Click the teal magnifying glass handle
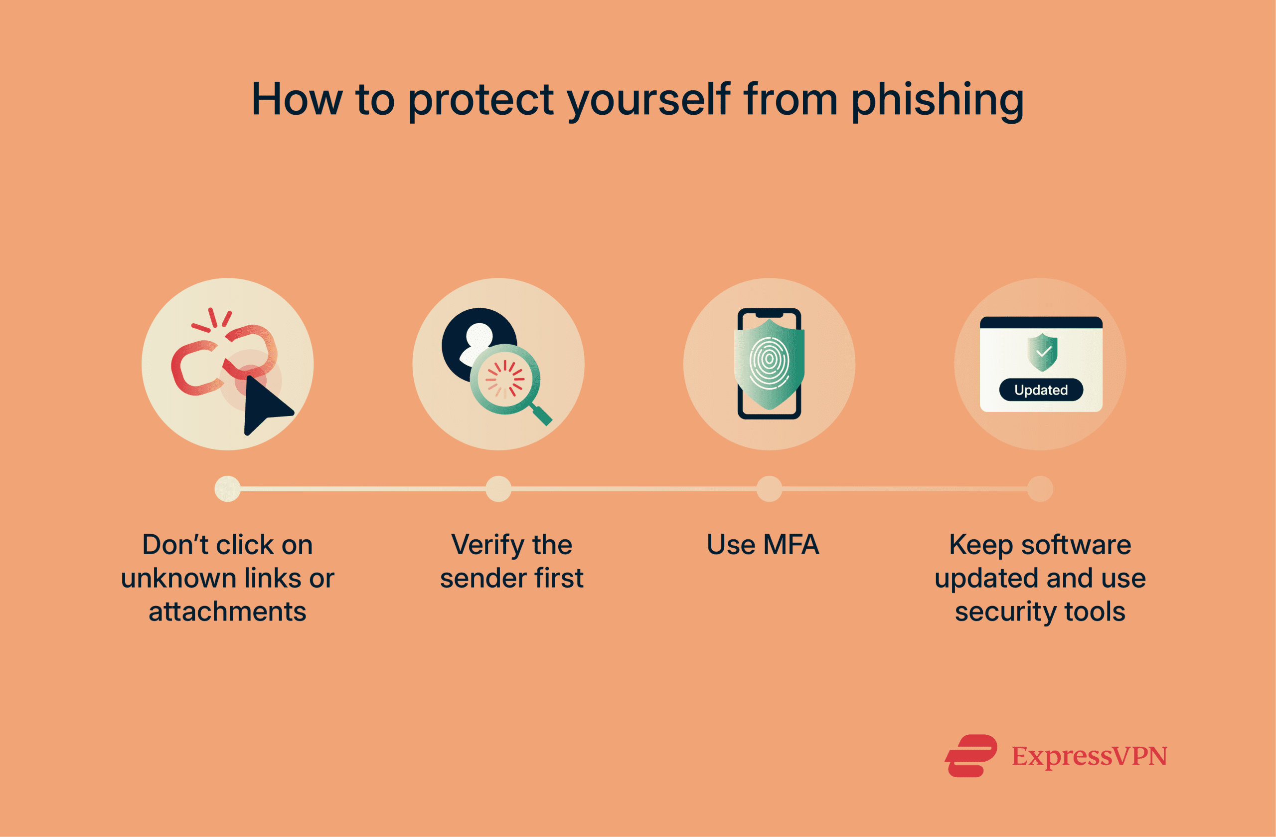tap(541, 415)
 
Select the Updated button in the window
tap(1041, 390)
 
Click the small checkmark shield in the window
tap(1042, 353)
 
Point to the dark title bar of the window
tap(1041, 322)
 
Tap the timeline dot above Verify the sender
tap(498, 489)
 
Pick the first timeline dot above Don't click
tap(227, 489)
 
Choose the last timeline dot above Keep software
tap(1040, 489)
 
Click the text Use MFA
tap(763, 545)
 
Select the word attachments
tap(227, 612)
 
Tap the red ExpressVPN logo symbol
tap(970, 756)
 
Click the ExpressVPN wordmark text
tap(1089, 757)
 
